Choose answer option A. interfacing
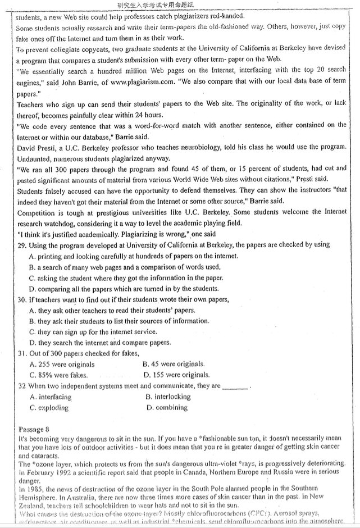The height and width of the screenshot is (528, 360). click(x=51, y=397)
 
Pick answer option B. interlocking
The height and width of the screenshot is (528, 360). click(x=168, y=397)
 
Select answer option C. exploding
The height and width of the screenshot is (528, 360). click(x=49, y=407)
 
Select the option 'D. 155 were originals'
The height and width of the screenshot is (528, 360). click(x=177, y=375)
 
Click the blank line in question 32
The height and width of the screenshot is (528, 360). click(x=235, y=386)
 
